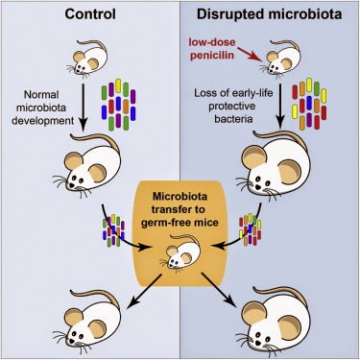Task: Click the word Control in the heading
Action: tap(90, 13)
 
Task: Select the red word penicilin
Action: tap(211, 55)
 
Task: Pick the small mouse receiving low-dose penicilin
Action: tap(280, 60)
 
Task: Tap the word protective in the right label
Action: tap(232, 106)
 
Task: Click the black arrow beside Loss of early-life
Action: tap(280, 106)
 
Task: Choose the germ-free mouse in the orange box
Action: tap(180, 251)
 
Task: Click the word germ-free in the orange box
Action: tap(161, 222)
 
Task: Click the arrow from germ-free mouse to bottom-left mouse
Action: tap(145, 292)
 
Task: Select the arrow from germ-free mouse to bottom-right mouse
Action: tap(222, 291)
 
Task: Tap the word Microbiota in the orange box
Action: tap(180, 196)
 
